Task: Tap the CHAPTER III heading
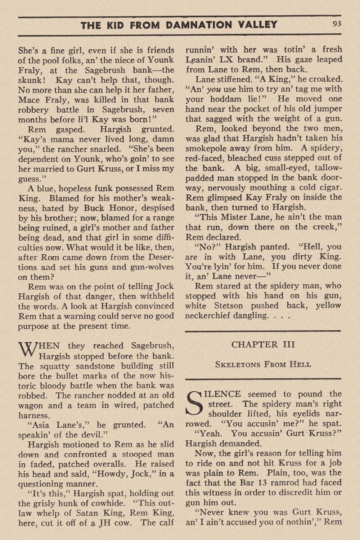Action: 263,345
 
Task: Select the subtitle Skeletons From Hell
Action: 263,364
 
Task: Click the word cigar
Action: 328,188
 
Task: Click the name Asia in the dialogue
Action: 42,425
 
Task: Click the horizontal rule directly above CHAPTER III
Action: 263,331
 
